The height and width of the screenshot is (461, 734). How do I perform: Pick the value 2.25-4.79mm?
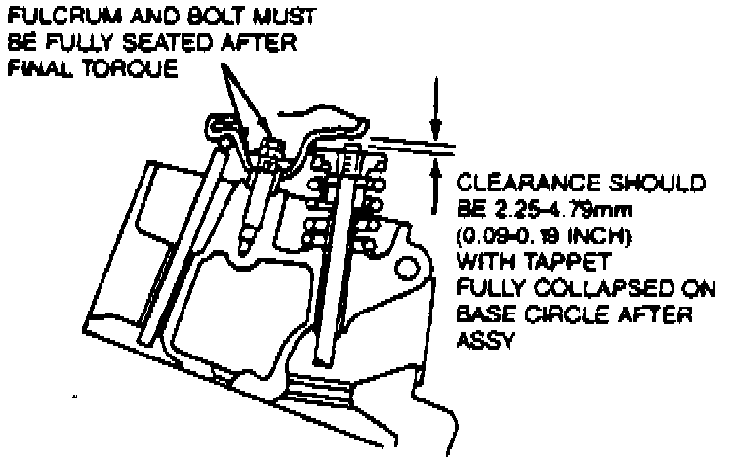click(557, 210)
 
